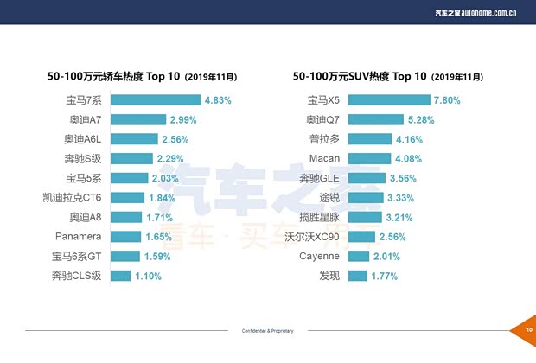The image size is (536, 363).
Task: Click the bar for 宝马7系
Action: tap(156, 100)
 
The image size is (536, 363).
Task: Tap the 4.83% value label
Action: tap(218, 100)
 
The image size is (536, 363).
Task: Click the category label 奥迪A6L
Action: tap(84, 139)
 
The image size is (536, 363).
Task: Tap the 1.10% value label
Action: tap(147, 276)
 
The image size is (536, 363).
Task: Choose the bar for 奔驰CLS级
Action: tap(120, 276)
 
